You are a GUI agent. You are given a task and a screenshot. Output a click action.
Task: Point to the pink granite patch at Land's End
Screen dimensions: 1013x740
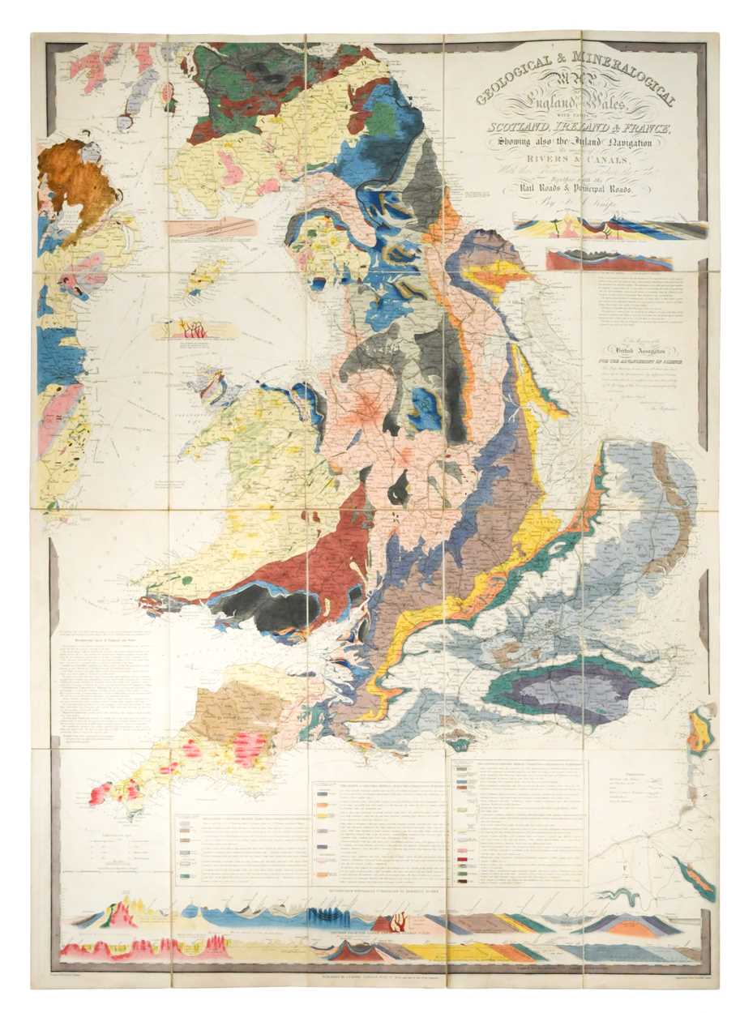100,793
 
